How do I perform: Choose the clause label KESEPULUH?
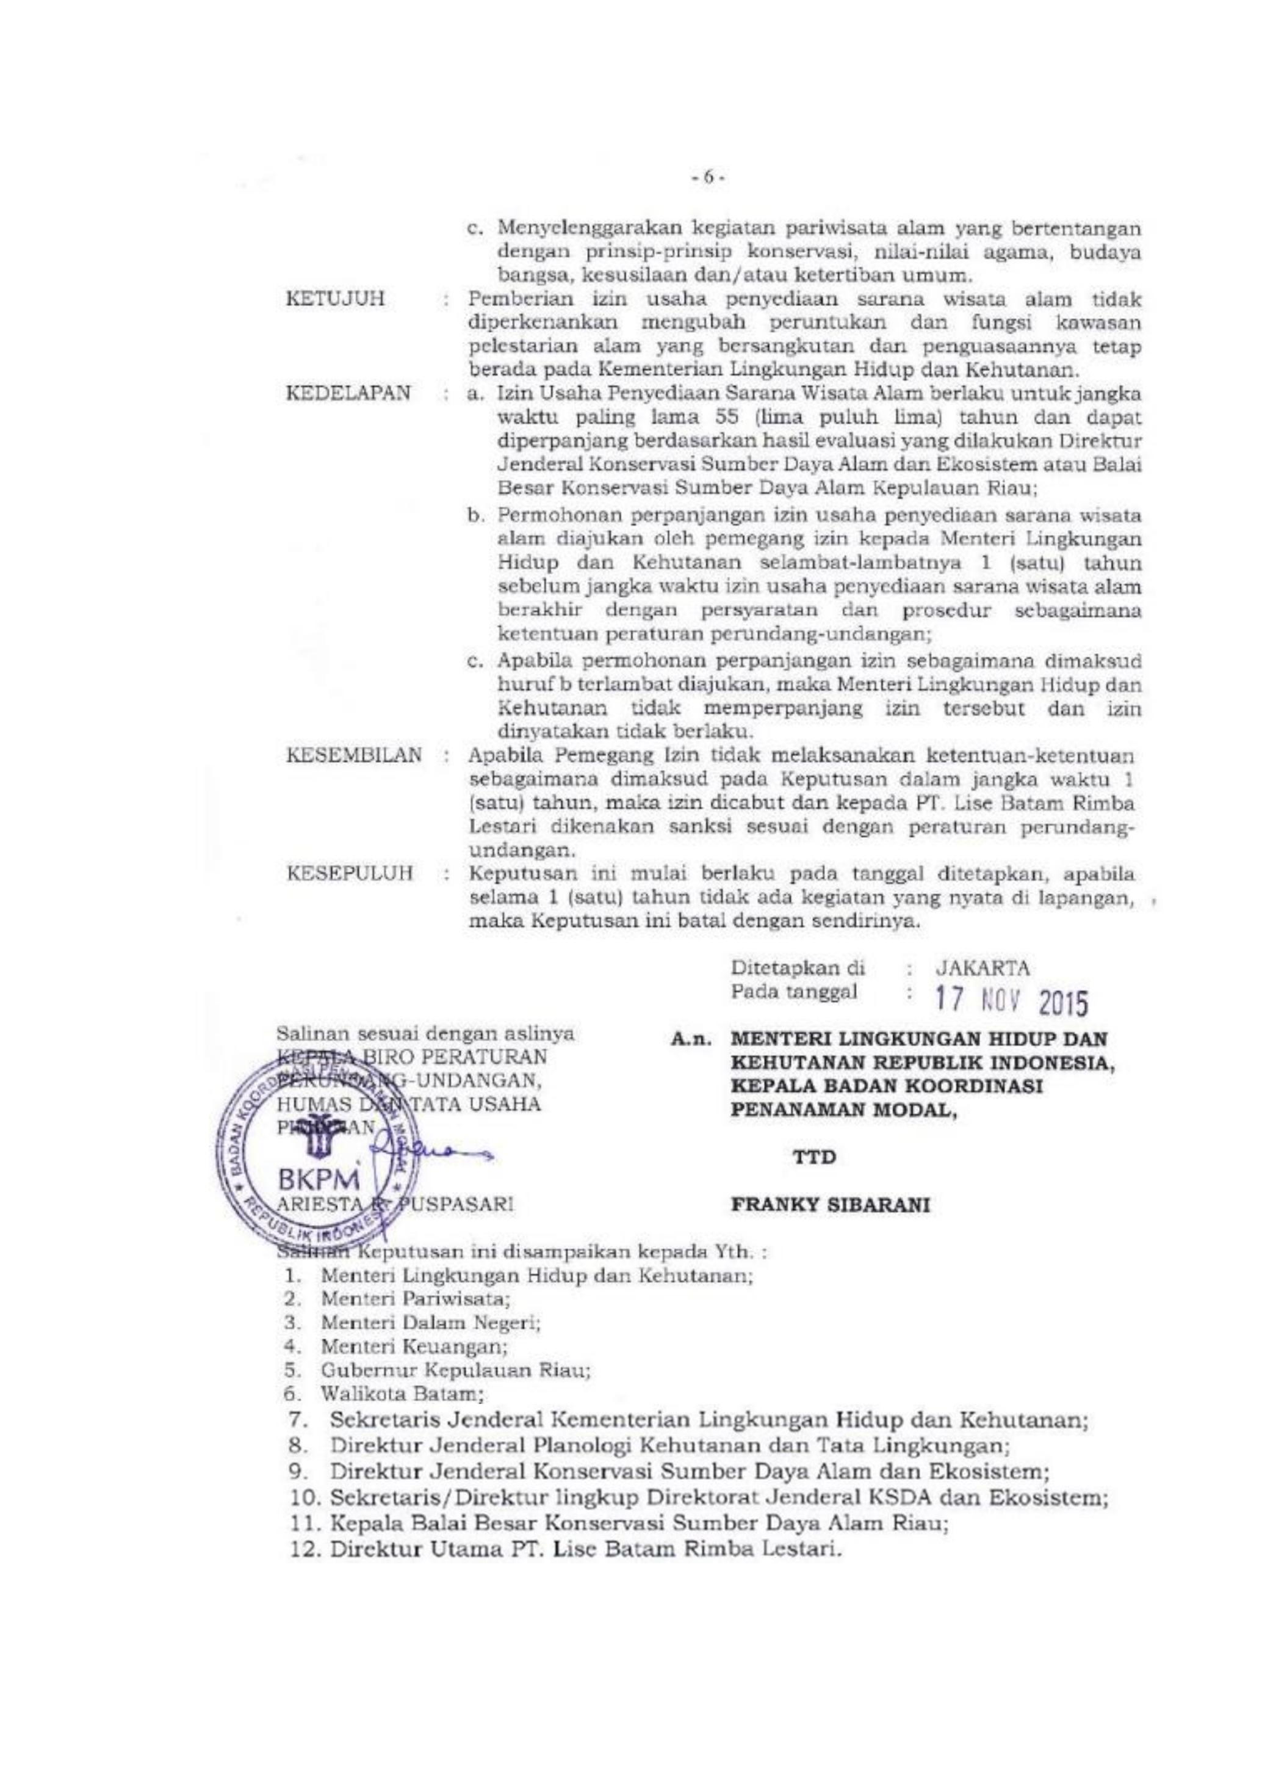pos(350,873)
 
